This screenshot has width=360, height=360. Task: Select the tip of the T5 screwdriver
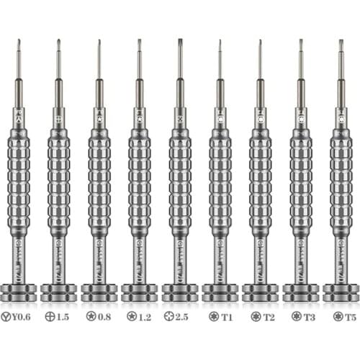tap(341, 43)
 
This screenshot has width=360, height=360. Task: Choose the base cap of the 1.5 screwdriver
tap(59, 292)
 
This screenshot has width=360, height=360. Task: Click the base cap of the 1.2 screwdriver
tap(140, 292)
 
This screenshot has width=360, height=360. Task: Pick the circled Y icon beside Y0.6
tap(9, 315)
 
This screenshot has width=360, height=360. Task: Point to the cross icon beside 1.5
tap(50, 315)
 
